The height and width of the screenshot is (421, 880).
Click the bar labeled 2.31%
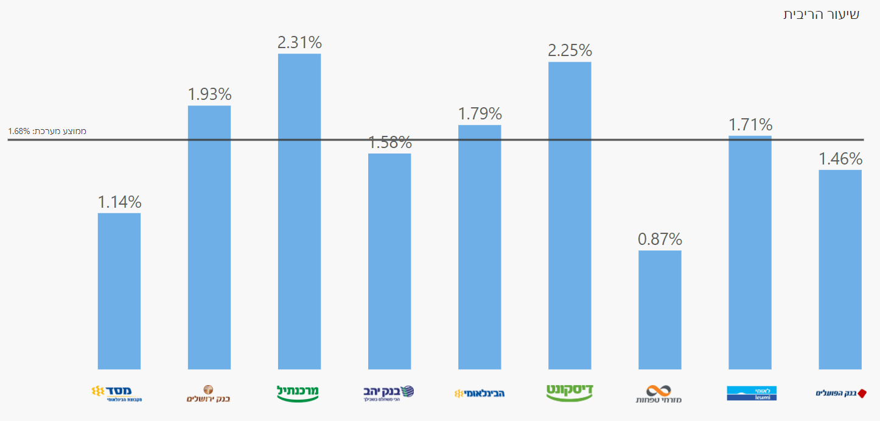299,211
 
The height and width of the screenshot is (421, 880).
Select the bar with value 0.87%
660,310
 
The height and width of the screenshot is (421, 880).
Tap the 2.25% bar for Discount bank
570,215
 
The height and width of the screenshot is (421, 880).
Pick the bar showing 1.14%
119,291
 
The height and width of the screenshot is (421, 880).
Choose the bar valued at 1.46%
840,269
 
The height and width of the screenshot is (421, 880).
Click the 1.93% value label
209,94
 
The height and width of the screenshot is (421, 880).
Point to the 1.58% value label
389,143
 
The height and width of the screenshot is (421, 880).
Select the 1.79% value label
480,114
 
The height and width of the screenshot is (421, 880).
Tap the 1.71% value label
750,125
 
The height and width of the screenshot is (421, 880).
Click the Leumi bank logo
752,393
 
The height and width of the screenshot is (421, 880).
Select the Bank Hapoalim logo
841,393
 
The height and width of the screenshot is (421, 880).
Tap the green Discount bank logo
570,392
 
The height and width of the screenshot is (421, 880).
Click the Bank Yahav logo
389,393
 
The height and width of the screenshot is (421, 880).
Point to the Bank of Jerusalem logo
209,394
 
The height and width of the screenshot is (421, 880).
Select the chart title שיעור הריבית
821,15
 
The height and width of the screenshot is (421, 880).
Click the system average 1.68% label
47,131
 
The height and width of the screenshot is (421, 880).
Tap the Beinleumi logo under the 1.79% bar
480,393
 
